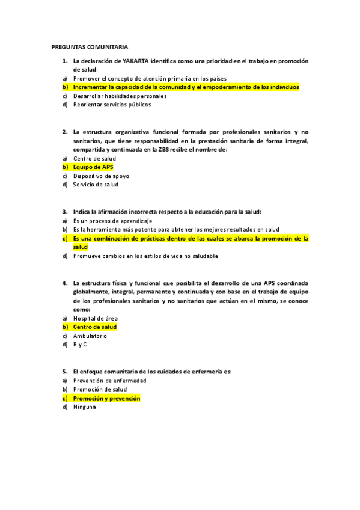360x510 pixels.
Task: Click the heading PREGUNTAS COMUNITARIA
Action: (90, 46)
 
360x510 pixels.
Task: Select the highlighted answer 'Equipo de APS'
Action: (93, 167)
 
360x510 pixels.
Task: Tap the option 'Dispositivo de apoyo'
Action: (101, 176)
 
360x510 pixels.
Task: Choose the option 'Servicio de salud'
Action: (96, 185)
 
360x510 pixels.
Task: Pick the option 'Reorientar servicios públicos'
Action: (112, 105)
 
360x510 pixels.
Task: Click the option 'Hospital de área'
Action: (95, 318)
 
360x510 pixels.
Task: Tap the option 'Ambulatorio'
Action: (90, 336)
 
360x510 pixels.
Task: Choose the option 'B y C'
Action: (80, 345)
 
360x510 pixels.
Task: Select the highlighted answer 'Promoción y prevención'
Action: (106, 398)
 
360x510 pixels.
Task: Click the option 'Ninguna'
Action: (84, 407)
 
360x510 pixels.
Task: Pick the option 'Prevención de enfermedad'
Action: (109, 380)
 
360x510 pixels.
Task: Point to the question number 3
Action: (64, 211)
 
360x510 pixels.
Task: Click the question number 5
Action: (64, 371)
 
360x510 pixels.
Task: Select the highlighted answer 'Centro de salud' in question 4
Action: (94, 327)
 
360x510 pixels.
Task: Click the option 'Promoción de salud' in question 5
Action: (100, 389)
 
